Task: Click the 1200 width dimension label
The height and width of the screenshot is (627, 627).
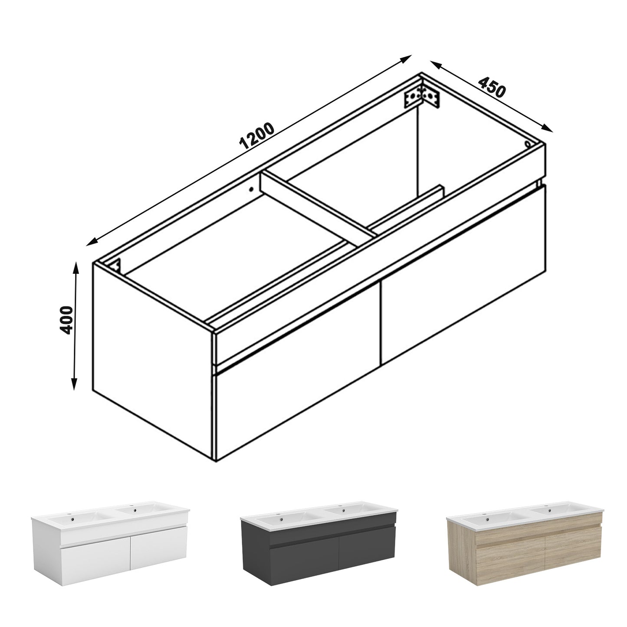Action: tap(257, 136)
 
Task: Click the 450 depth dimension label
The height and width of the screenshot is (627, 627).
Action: tap(492, 87)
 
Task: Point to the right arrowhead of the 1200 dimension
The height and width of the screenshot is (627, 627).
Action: tap(405, 59)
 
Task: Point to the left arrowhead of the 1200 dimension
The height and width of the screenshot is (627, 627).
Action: tap(93, 241)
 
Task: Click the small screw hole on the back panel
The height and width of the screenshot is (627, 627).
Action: tap(251, 189)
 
